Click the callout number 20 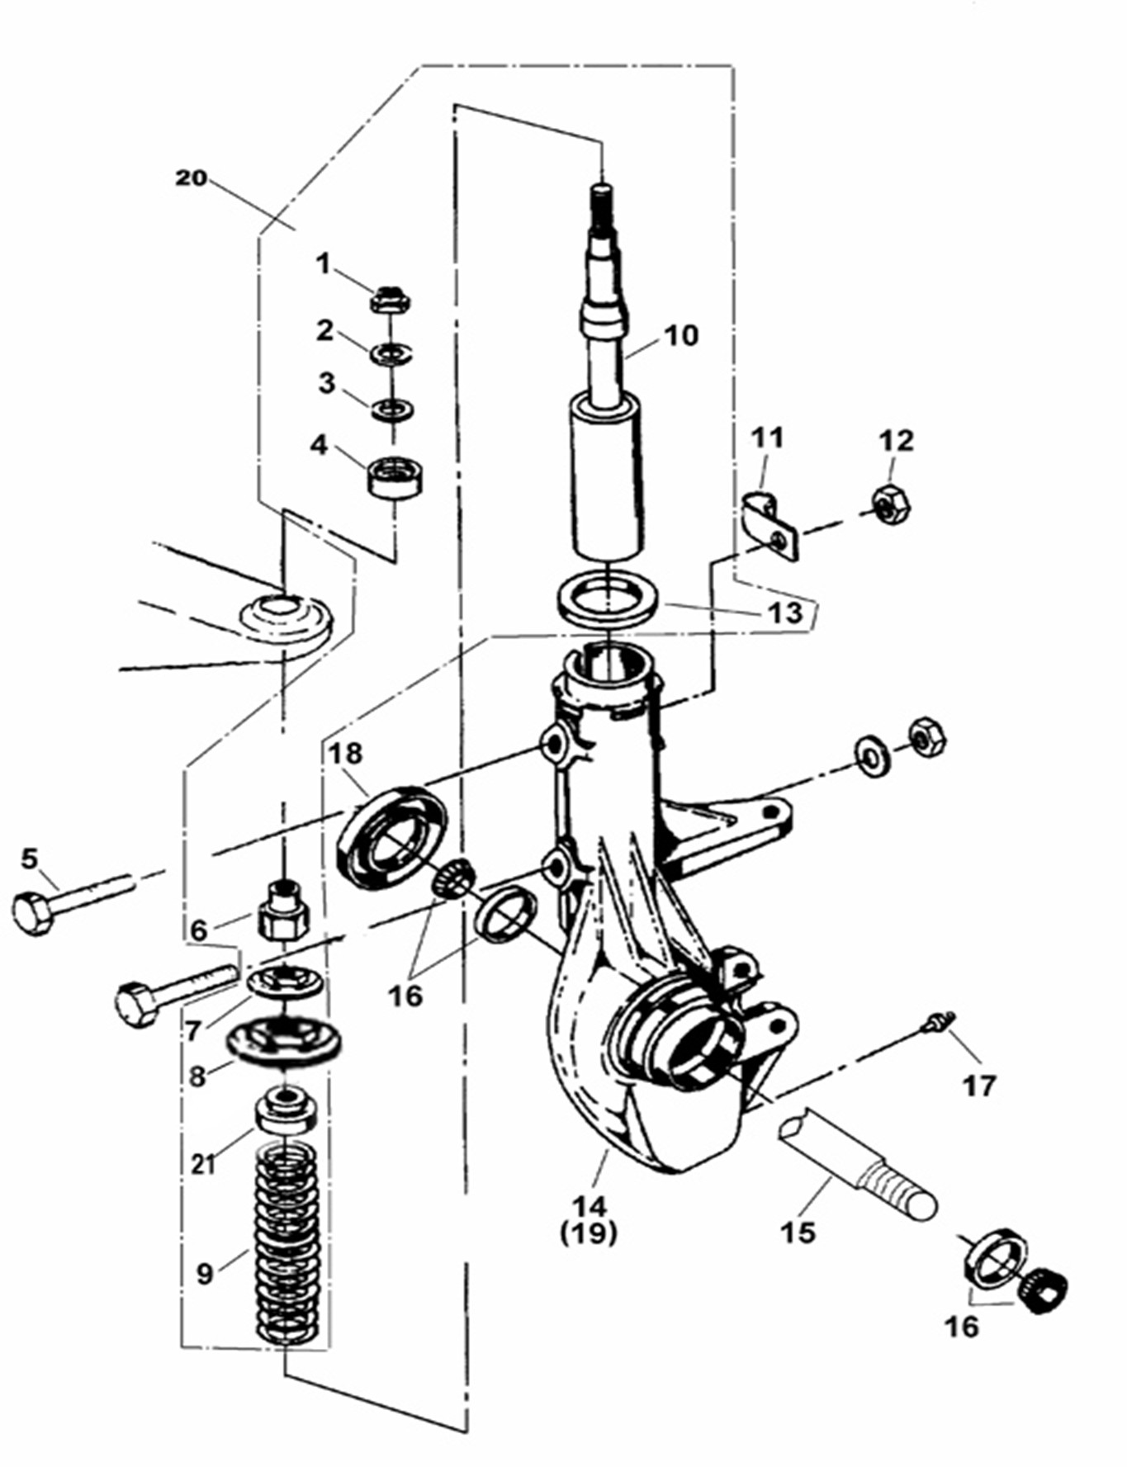click(191, 177)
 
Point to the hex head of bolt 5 click(31, 914)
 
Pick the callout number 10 click(681, 335)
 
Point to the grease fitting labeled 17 click(935, 1025)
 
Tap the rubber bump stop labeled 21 click(286, 1114)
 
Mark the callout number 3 click(327, 383)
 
